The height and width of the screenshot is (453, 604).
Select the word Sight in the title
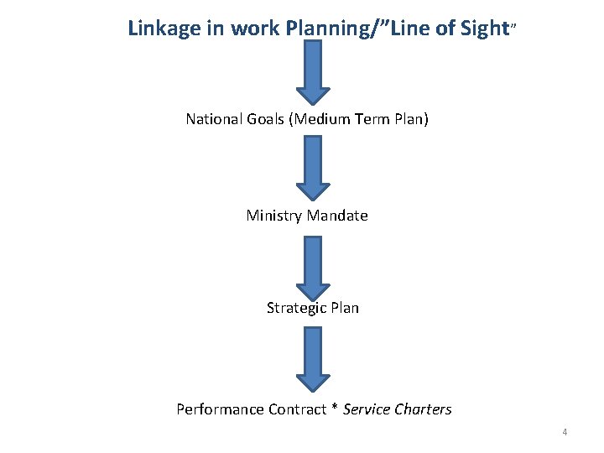click(x=484, y=28)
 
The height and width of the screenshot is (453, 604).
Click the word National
click(x=214, y=119)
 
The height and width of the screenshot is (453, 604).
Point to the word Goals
click(x=266, y=119)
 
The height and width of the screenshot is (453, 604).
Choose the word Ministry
click(x=273, y=216)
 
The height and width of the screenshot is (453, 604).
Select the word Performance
click(x=220, y=409)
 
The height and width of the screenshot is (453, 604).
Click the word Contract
click(x=297, y=409)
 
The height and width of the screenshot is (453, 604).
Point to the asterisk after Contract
click(x=336, y=409)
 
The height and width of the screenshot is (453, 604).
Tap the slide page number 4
click(x=565, y=432)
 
